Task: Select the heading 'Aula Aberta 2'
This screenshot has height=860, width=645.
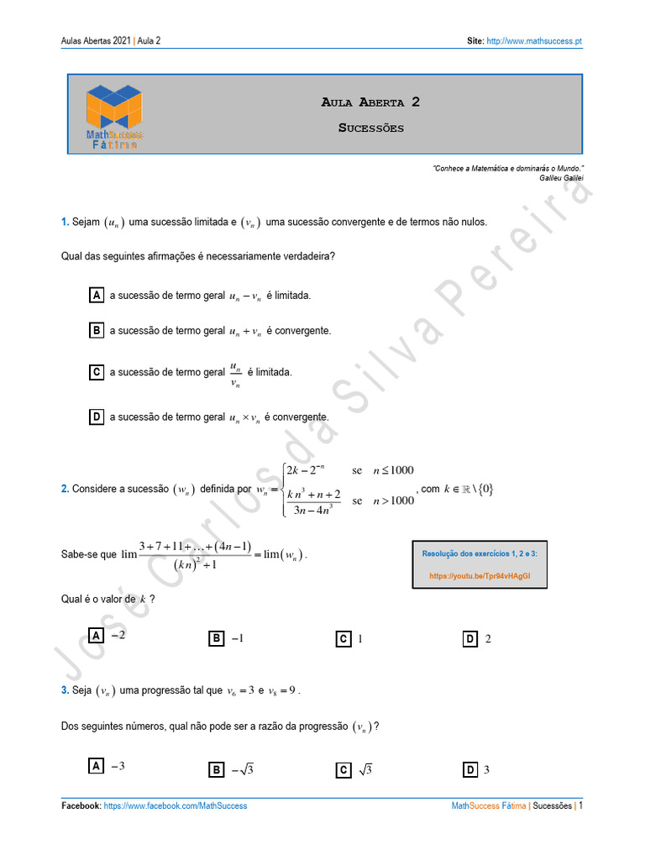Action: tap(370, 102)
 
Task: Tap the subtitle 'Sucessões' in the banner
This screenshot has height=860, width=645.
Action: tap(370, 128)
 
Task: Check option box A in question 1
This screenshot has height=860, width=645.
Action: tap(97, 296)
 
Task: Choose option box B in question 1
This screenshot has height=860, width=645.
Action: tap(97, 331)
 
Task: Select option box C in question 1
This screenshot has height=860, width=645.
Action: tap(97, 372)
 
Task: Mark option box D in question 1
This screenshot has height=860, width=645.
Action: tap(97, 417)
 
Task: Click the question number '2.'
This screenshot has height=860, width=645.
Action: tap(65, 489)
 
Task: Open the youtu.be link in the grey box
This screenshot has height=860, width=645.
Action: tap(480, 577)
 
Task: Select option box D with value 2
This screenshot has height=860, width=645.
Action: tap(470, 639)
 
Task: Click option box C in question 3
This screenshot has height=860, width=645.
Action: tap(343, 770)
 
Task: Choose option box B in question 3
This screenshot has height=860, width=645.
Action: tap(216, 770)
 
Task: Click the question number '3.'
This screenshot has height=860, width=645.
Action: tap(65, 690)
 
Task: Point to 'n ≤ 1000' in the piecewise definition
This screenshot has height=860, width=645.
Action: tap(393, 470)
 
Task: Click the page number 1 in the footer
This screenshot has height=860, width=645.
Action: tap(579, 806)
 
